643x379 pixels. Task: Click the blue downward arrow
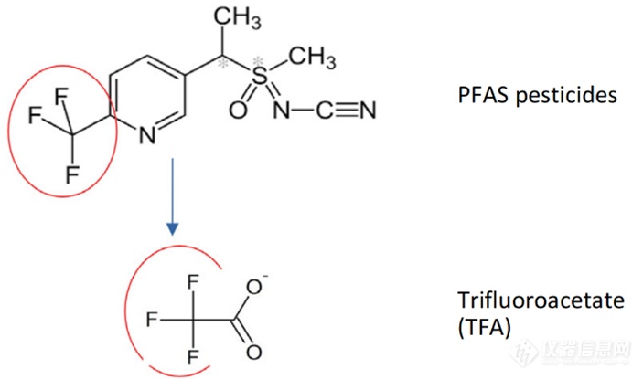[x=173, y=197]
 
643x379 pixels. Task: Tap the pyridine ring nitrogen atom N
[x=147, y=135]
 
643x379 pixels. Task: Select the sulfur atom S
[x=259, y=77]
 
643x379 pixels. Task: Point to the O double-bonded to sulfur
[x=238, y=111]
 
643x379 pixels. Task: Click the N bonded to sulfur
[x=282, y=110]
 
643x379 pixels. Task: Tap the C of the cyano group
[x=325, y=110]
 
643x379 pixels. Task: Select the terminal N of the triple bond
[x=367, y=110]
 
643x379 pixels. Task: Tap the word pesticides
[x=567, y=96]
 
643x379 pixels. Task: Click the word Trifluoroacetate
[x=541, y=300]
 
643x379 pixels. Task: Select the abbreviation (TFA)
[x=484, y=327]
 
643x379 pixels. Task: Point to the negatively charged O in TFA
[x=254, y=287]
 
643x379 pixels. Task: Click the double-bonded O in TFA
[x=254, y=352]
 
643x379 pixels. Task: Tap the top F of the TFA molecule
[x=193, y=283]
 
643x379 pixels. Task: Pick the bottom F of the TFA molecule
[x=193, y=356]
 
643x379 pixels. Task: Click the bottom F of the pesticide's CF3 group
[x=72, y=174]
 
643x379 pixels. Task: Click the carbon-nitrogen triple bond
[x=346, y=110]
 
